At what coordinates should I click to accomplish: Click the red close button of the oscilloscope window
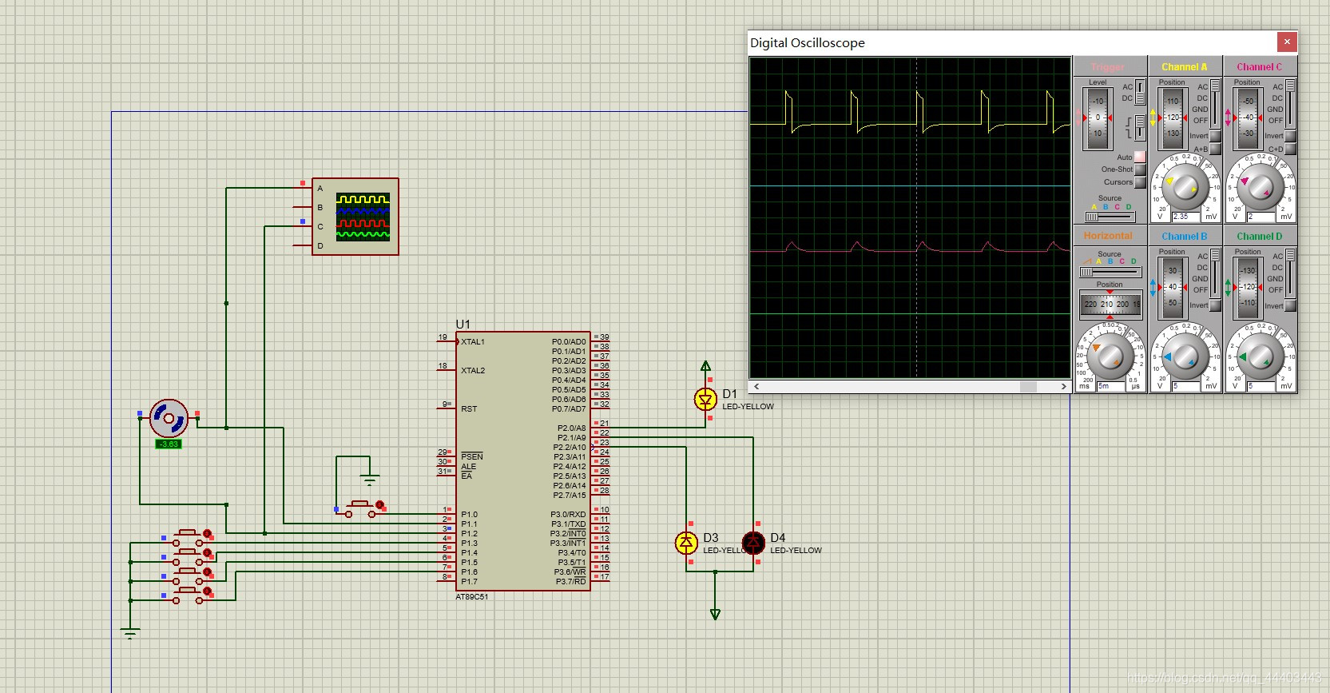point(1286,42)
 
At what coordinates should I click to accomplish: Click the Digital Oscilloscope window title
point(807,43)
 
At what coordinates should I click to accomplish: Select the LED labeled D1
point(705,399)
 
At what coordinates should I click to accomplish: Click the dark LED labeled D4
point(753,543)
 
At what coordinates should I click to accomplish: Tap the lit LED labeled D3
point(686,543)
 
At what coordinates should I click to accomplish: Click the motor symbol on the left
point(169,417)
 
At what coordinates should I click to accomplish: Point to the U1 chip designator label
point(463,325)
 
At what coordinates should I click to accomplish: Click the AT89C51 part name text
point(472,597)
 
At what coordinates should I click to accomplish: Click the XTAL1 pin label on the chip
point(473,342)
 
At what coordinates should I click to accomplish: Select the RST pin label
point(469,409)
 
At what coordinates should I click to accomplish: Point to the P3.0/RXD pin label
point(568,515)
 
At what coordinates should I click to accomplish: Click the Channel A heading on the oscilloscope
point(1184,67)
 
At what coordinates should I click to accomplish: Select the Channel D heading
point(1259,237)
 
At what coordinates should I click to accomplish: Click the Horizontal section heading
point(1108,236)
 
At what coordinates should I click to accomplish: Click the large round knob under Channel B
point(1185,356)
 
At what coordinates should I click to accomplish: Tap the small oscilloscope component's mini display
point(363,217)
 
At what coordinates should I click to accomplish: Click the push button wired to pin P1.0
point(360,508)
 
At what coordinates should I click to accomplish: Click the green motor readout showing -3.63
point(169,444)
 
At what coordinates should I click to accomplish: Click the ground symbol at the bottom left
point(130,633)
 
